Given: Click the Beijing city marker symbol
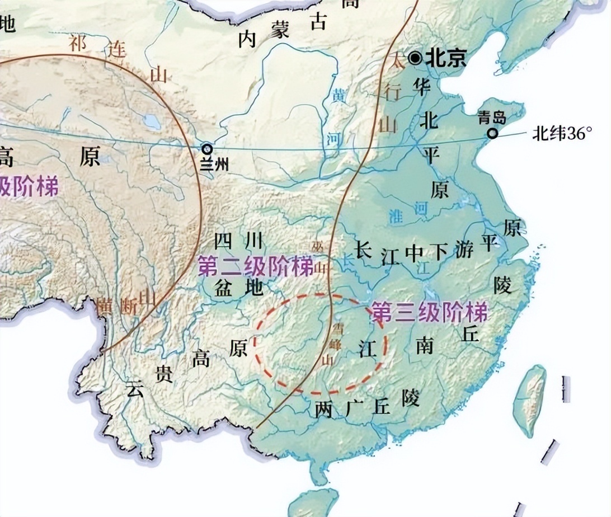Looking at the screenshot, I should click(x=415, y=58).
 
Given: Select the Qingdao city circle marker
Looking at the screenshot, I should click(x=492, y=133).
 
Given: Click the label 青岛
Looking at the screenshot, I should click(x=492, y=117).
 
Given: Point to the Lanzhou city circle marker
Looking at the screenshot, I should click(x=208, y=148).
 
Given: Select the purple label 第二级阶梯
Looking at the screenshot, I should click(x=256, y=267).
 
